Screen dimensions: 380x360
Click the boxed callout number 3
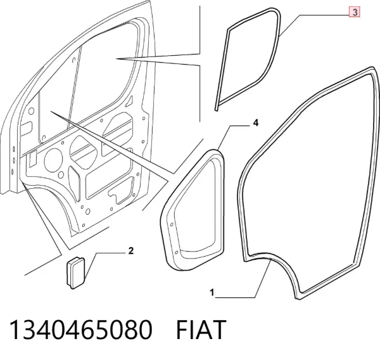point(354,12)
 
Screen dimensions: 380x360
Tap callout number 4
point(256,123)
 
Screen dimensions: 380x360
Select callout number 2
point(131,251)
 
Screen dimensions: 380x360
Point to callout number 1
point(212,293)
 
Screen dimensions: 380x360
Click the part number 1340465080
point(80,330)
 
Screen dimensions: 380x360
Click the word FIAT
point(201,330)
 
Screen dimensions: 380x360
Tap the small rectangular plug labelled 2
point(75,273)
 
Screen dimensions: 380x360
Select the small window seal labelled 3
point(278,36)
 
